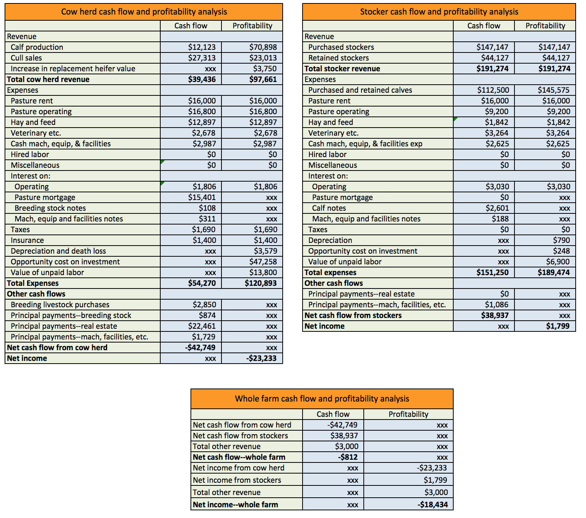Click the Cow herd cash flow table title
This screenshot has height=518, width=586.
coord(144,12)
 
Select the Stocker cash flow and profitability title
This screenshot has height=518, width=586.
coord(439,12)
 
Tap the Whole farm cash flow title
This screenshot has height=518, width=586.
coord(322,399)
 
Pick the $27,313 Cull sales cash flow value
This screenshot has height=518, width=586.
coord(202,58)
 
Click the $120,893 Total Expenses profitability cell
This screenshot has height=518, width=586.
coord(260,283)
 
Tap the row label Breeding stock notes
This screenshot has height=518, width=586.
coord(50,208)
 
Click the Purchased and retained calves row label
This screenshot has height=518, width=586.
coord(360,90)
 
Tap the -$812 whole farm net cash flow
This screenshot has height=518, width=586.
coord(347,457)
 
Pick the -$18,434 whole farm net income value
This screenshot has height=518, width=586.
coord(432,505)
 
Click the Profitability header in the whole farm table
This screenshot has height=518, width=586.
coord(408,414)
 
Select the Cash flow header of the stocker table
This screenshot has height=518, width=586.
coord(483,26)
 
